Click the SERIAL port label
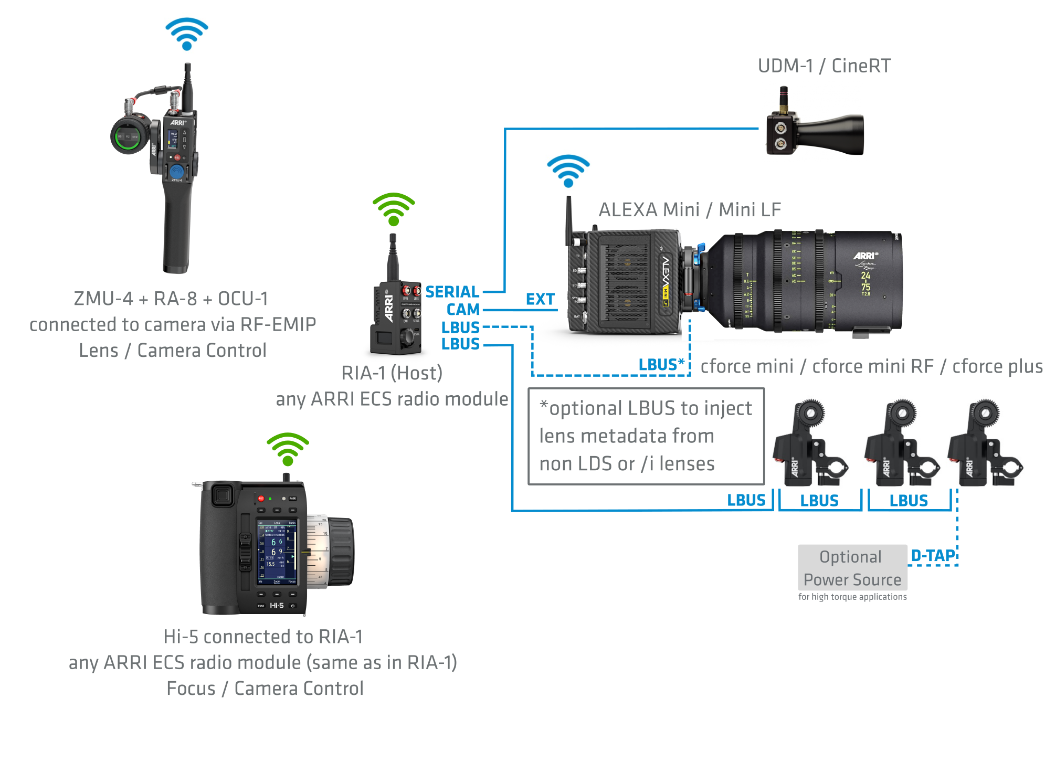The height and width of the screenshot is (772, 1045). tap(452, 292)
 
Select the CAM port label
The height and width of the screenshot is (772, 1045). tap(463, 310)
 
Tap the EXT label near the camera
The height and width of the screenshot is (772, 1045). tap(540, 299)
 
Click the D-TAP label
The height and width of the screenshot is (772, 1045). tap(933, 556)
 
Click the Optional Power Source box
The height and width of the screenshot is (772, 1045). tap(852, 568)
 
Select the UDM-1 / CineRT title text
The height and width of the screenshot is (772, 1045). tap(824, 66)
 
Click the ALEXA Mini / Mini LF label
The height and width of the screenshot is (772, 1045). tap(690, 210)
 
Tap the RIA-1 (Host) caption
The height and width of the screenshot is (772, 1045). tap(392, 373)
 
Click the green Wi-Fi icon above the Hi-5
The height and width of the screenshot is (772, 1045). tap(288, 449)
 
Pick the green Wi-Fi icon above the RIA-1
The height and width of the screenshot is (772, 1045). tap(394, 209)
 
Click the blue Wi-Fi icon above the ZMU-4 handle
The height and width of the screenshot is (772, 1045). tap(187, 34)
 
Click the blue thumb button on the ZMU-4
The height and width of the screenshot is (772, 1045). tap(177, 172)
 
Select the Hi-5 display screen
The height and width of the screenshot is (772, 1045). tap(277, 552)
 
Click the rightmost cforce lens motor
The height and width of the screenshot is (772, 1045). tap(984, 443)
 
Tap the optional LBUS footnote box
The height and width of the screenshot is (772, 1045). tap(646, 437)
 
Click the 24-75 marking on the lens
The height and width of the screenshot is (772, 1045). tap(865, 281)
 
